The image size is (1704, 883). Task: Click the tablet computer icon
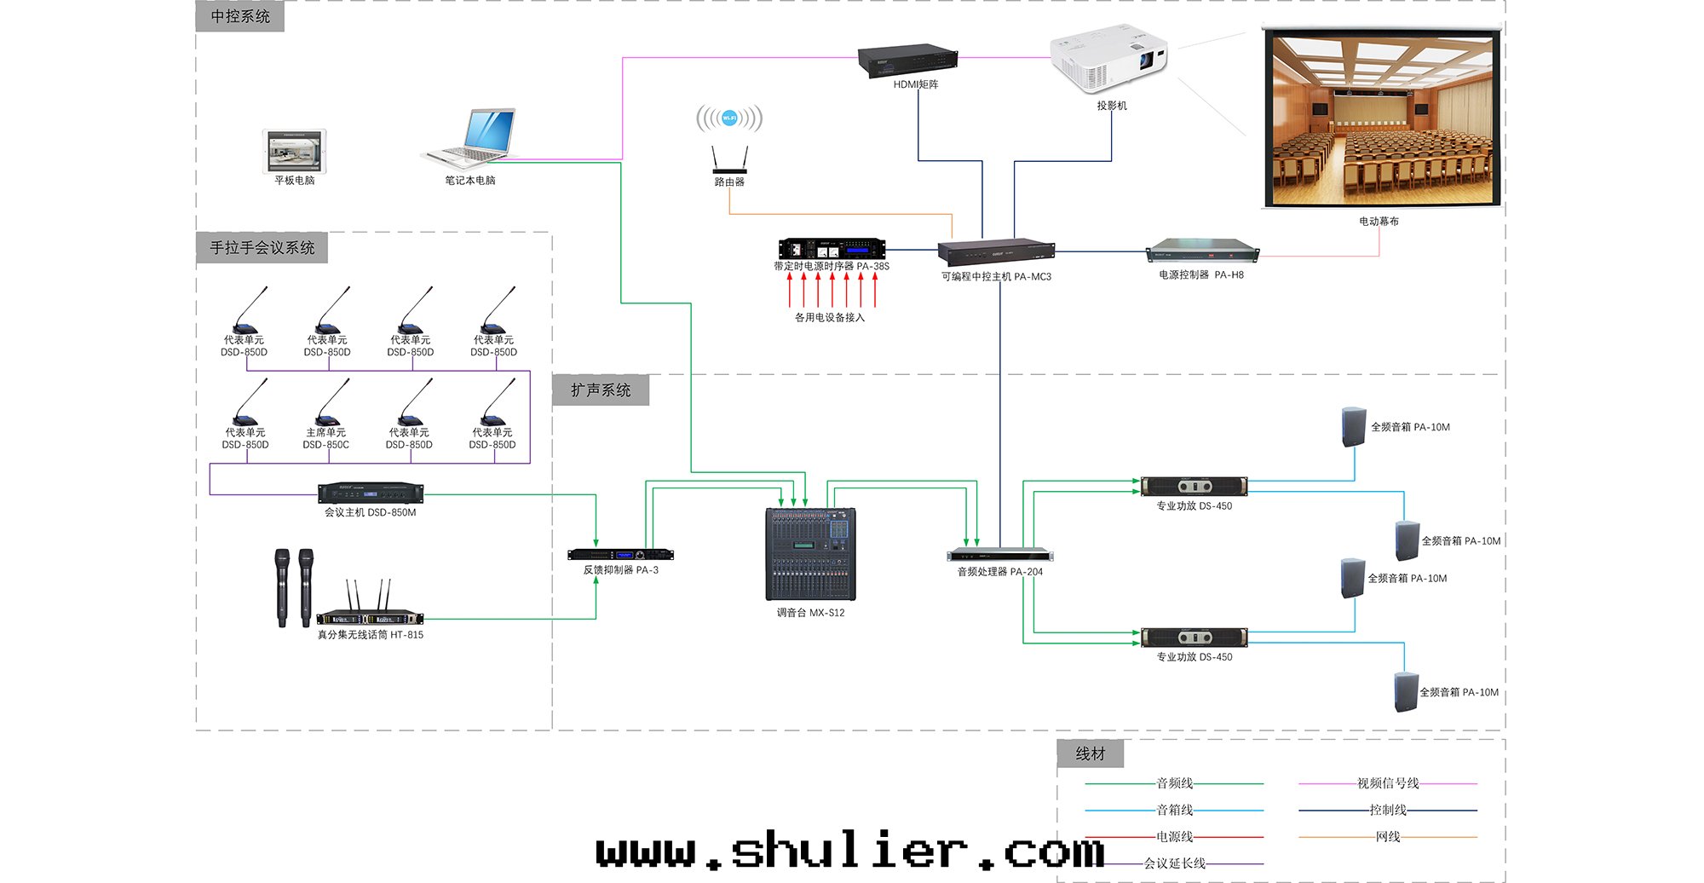coord(295,152)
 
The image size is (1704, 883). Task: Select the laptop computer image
coord(472,136)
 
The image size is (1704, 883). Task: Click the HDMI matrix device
coord(907,61)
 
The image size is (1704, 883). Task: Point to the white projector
coord(1108,60)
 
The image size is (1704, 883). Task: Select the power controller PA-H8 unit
coord(1202,250)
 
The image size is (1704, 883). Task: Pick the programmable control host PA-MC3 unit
coord(996,252)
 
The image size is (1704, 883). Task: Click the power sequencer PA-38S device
coord(832,248)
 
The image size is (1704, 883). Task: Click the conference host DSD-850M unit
coord(371,493)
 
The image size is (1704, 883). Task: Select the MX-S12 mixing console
coord(810,555)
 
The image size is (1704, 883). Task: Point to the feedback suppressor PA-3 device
coord(620,555)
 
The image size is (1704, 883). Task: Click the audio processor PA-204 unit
coord(1000,556)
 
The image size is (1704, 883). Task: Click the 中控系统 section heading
coord(240,16)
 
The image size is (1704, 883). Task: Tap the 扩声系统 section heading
coord(601,390)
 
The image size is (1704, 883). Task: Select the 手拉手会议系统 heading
coord(262,248)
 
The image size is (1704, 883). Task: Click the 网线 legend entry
coord(1388,837)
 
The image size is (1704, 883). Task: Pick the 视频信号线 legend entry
coord(1388,783)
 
